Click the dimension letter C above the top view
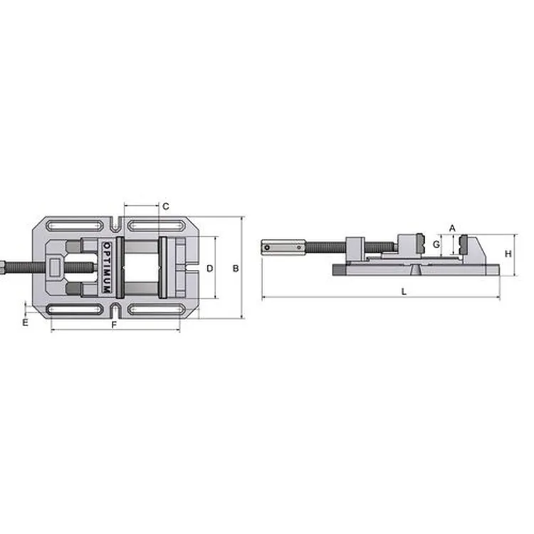pos(165,206)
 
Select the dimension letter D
pos(210,268)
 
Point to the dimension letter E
pos(25,323)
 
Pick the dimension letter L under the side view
pos(404,291)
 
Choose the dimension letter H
pos(508,253)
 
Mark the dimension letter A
pos(451,228)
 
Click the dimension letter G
pos(438,244)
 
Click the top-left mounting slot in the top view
pos(74,226)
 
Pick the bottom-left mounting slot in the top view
pos(74,310)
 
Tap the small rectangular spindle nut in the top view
pos(56,268)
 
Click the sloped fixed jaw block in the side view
pos(474,249)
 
